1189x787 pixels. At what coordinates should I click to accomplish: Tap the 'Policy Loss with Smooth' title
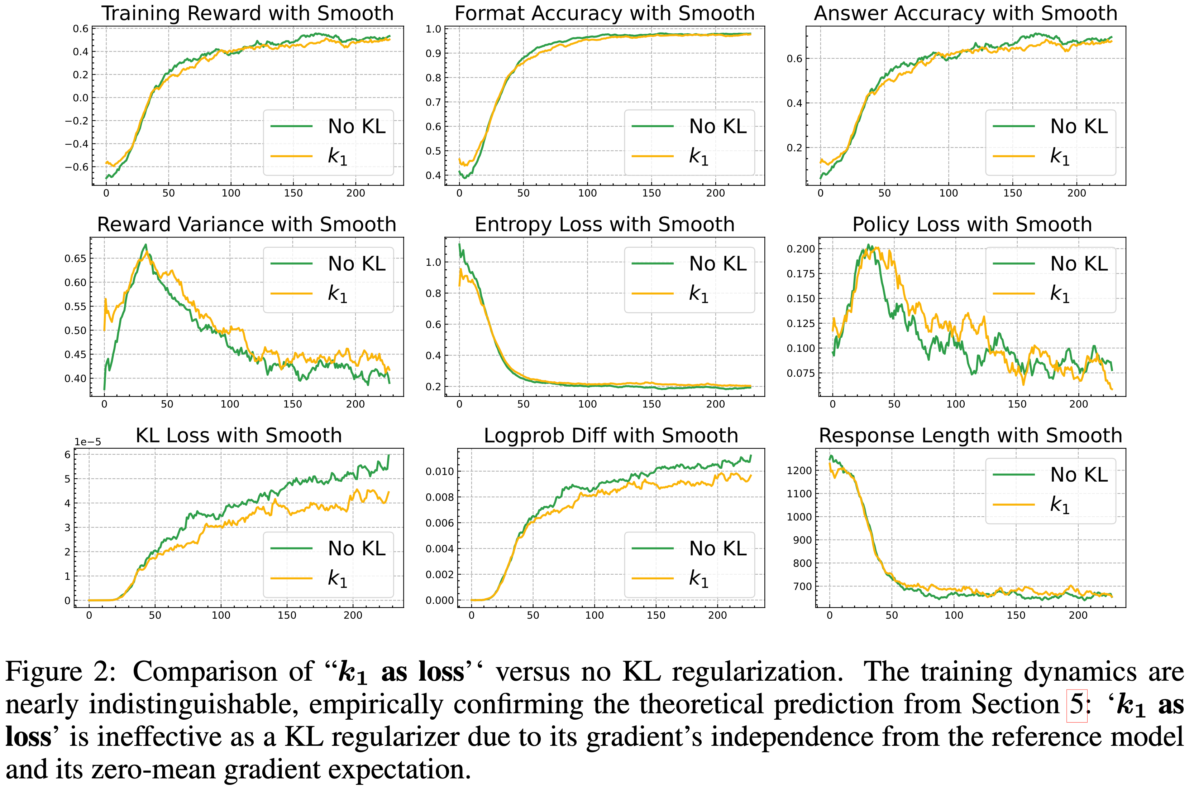point(972,224)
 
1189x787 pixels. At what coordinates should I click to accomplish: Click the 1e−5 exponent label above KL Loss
point(88,442)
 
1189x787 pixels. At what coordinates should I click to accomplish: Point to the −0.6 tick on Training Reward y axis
point(77,166)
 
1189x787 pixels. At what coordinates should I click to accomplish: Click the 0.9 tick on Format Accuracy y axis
point(433,53)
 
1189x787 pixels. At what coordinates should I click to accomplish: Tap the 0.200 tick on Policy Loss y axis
point(801,249)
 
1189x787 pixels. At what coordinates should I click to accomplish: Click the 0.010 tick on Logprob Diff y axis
point(440,471)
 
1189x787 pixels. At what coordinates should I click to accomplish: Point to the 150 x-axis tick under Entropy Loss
point(651,404)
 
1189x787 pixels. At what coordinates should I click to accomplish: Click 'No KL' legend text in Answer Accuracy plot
point(1079,126)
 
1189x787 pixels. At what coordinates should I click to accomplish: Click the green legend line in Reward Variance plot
point(291,264)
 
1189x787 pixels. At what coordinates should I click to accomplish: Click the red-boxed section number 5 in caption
point(1076,704)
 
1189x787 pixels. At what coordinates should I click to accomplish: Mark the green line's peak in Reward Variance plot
point(146,245)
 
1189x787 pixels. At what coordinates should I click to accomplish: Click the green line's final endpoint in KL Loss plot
point(389,455)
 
